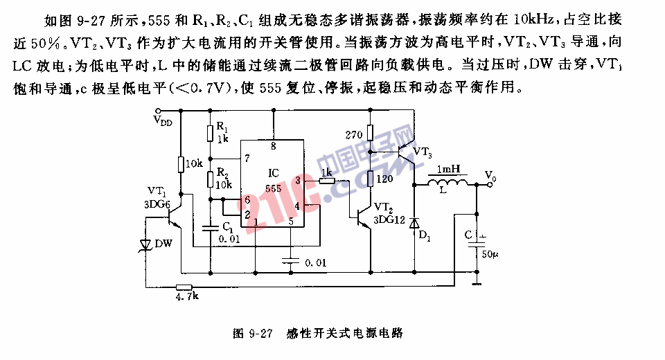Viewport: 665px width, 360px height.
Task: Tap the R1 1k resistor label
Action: pos(222,132)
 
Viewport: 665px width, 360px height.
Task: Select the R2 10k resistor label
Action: pos(223,179)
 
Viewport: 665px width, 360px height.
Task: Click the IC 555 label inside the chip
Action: pos(273,179)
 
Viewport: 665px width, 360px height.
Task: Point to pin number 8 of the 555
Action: pos(273,146)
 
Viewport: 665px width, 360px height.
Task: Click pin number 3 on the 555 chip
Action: pos(297,180)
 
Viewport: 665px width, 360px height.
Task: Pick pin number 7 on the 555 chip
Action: pos(247,159)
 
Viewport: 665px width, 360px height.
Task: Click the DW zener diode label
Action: pos(163,244)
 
